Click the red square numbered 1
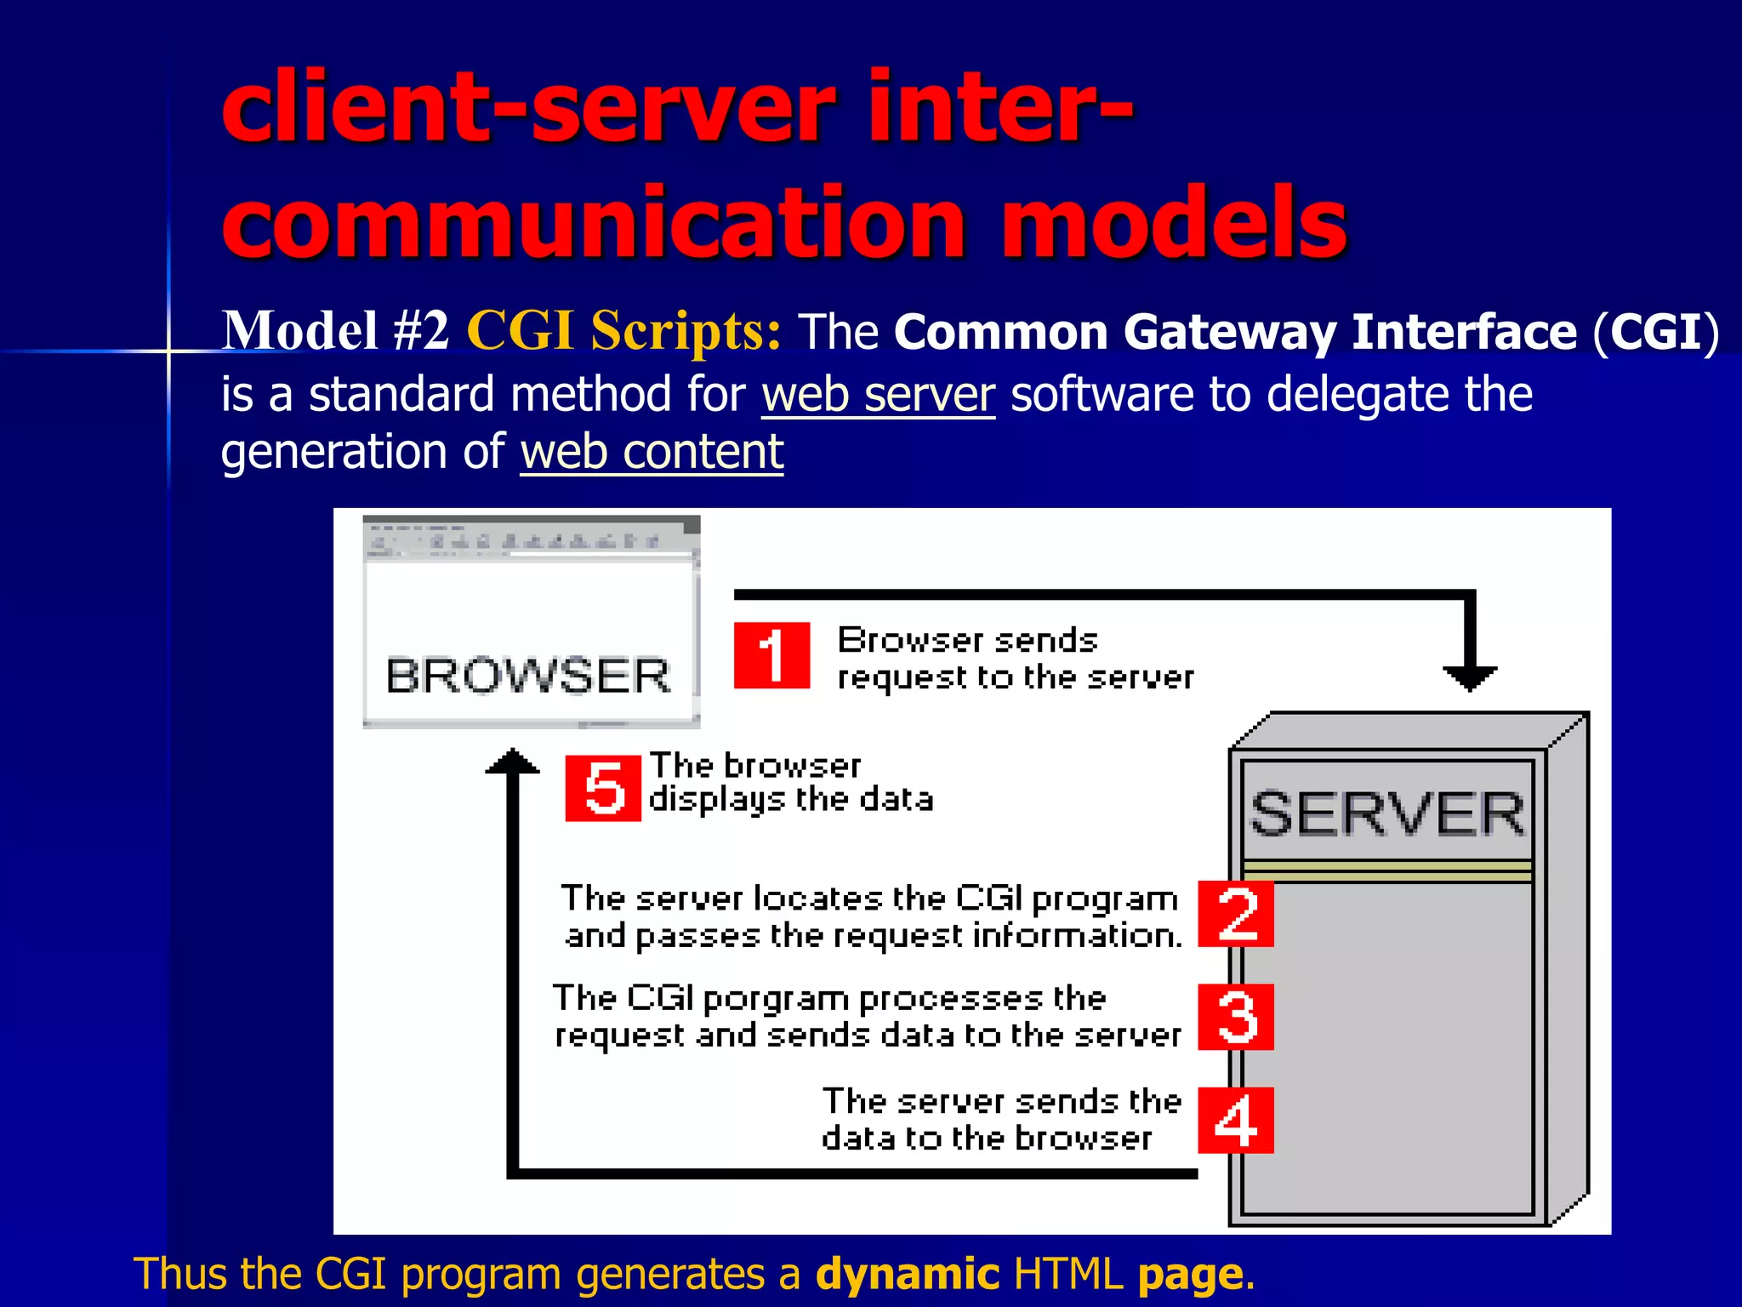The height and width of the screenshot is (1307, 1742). pyautogui.click(x=771, y=655)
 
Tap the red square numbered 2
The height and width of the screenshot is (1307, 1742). pyautogui.click(x=1236, y=914)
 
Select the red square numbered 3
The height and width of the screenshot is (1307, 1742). pyautogui.click(x=1236, y=1017)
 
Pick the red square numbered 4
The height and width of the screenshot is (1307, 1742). pyautogui.click(x=1236, y=1120)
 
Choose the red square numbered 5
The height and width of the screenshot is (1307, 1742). pyautogui.click(x=603, y=788)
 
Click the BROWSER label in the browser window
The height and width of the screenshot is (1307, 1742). pyautogui.click(x=528, y=676)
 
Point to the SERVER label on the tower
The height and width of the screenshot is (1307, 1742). pyautogui.click(x=1387, y=813)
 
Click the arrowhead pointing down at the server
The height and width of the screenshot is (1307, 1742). pyautogui.click(x=1470, y=678)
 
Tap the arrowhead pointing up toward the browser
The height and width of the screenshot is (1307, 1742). pyautogui.click(x=512, y=762)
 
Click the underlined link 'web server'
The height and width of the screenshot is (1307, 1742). pyautogui.click(x=878, y=395)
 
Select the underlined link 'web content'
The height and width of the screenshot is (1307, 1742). pyautogui.click(x=652, y=451)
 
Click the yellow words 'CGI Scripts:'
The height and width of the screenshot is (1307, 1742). pyautogui.click(x=623, y=330)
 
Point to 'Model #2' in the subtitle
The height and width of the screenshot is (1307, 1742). pyautogui.click(x=335, y=330)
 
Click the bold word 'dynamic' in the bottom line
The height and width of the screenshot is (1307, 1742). pyautogui.click(x=907, y=1274)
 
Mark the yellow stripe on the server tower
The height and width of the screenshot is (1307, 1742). pyautogui.click(x=1387, y=870)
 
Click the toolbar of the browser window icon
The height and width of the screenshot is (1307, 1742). pyautogui.click(x=527, y=539)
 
